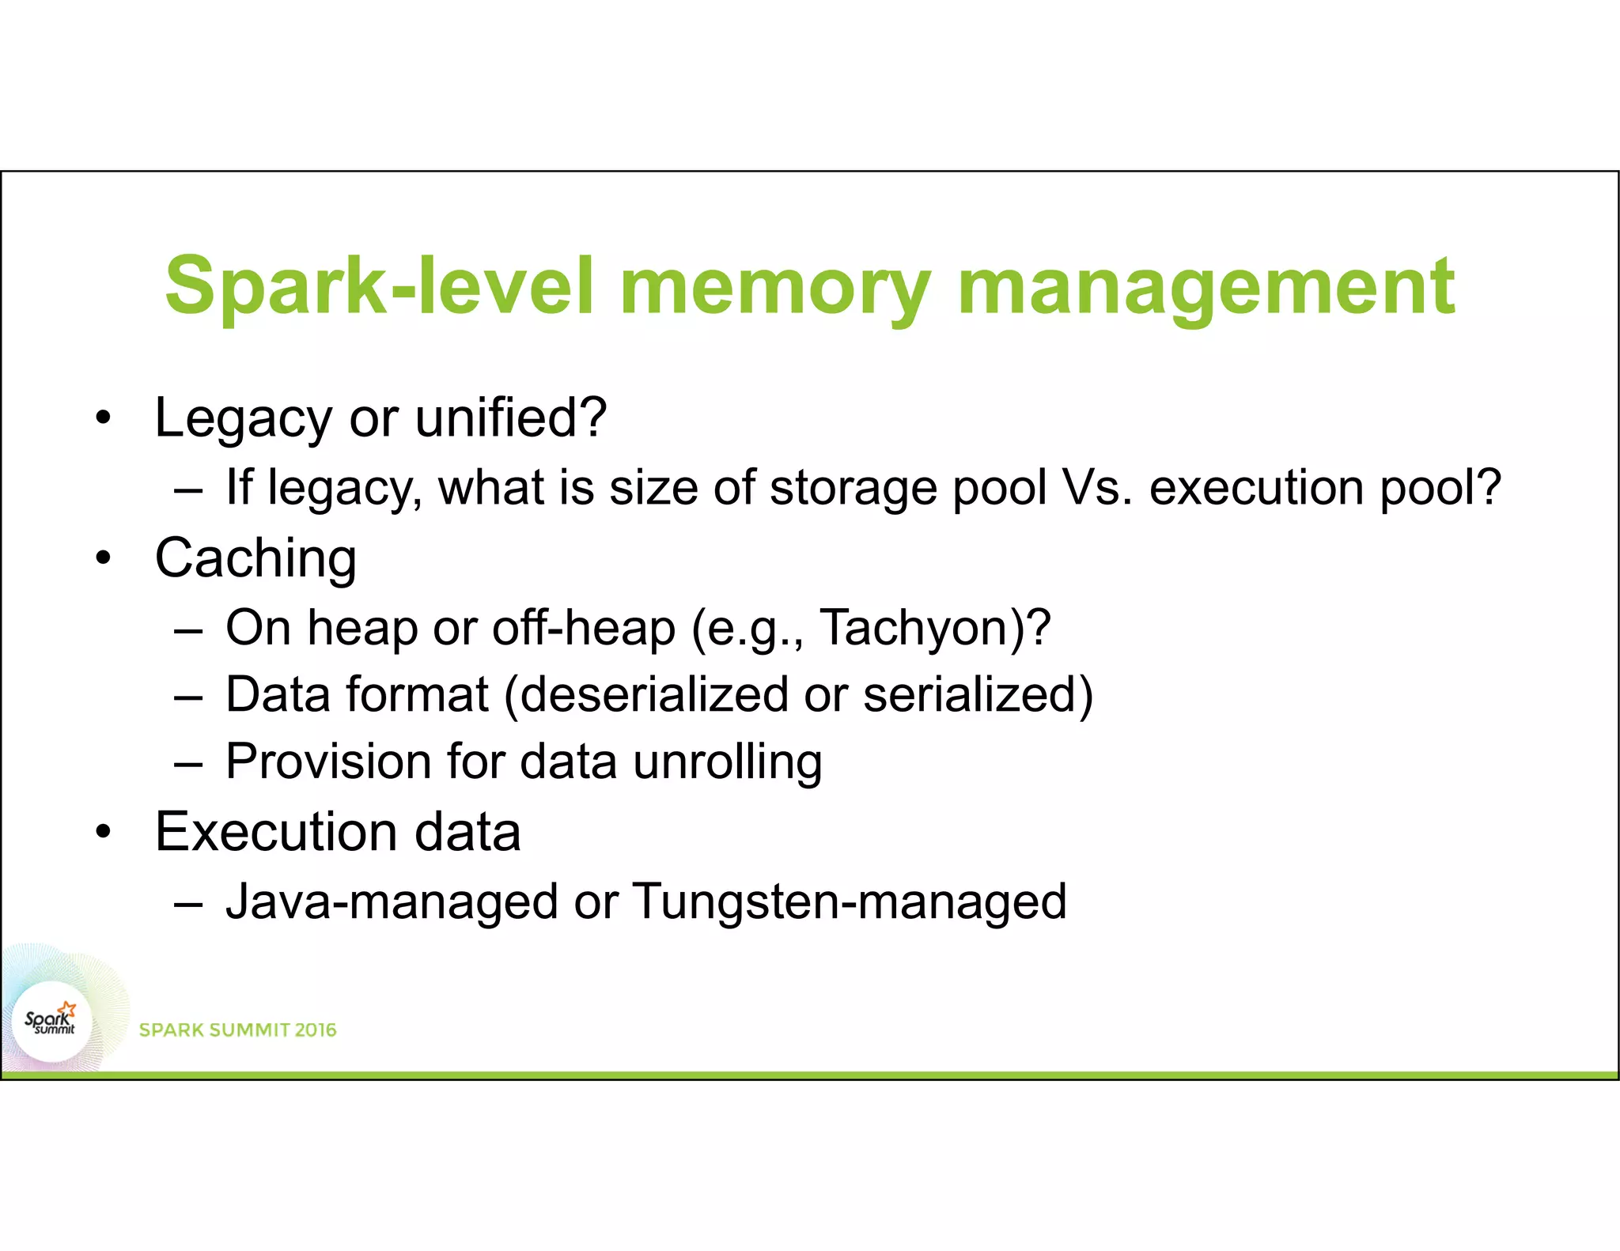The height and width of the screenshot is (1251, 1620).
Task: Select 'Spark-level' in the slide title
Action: tap(378, 286)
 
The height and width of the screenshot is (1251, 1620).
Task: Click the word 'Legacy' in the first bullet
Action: tap(243, 418)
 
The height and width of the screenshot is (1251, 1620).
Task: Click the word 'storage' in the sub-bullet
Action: tap(853, 488)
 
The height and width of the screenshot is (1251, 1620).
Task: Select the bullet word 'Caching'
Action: tap(255, 558)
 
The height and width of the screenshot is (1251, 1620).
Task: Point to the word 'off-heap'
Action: tap(584, 628)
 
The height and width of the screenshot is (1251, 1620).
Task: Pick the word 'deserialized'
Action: tap(654, 695)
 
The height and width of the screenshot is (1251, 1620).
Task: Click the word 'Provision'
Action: tap(328, 762)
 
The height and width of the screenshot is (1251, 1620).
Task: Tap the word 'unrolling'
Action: tap(728, 762)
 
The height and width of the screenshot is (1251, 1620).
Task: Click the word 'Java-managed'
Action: tap(392, 902)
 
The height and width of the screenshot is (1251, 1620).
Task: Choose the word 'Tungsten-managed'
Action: tap(850, 902)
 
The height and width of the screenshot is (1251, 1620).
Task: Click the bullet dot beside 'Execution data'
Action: tap(103, 833)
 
